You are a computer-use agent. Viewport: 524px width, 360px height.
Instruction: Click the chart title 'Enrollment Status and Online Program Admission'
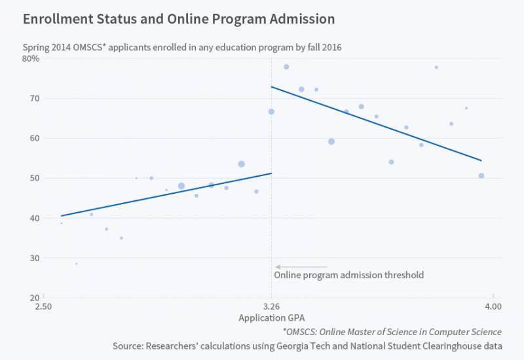pos(179,19)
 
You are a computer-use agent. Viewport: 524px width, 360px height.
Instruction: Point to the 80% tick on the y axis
pos(31,58)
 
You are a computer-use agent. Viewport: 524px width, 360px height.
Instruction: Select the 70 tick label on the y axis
pos(34,98)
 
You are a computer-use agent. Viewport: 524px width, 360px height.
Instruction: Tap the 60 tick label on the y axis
pos(34,138)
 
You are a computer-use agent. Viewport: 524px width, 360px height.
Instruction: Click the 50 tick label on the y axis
pos(34,178)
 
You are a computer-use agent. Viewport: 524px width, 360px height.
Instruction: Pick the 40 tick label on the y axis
pos(34,218)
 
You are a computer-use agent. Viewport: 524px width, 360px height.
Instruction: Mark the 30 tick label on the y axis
pos(34,258)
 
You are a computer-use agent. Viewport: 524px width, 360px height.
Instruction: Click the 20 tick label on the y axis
pos(34,298)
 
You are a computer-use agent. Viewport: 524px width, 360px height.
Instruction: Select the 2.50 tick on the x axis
pos(43,306)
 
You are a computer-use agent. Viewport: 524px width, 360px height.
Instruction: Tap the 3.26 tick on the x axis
pos(271,306)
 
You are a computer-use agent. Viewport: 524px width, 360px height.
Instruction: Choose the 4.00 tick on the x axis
pos(493,306)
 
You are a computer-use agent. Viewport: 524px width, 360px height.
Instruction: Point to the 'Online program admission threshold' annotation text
pos(348,275)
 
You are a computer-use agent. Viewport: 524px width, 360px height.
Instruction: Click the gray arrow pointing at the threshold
pos(301,267)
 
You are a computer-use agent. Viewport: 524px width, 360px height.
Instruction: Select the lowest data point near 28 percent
pos(76,264)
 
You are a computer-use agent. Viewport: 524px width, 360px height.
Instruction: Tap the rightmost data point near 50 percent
pos(481,175)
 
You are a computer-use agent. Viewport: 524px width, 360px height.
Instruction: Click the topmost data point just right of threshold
pos(286,67)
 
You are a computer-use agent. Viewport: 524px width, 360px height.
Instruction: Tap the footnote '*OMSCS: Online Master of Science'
pos(392,332)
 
